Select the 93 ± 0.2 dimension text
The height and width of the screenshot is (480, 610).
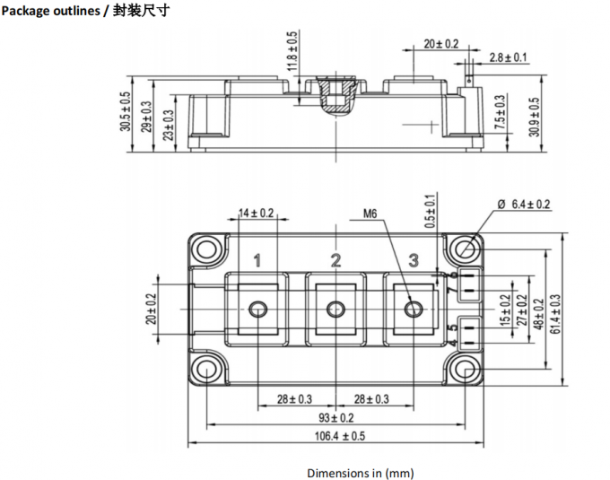[x=335, y=418]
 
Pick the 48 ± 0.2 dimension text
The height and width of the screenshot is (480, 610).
[x=538, y=310]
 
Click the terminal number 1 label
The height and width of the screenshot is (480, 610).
[x=257, y=261]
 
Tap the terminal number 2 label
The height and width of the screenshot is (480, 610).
[x=335, y=261]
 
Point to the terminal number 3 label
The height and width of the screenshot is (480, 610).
[x=414, y=261]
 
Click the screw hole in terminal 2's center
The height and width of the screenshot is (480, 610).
[x=335, y=310]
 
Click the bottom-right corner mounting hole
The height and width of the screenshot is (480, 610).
[x=465, y=370]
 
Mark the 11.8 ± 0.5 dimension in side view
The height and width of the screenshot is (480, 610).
[x=292, y=51]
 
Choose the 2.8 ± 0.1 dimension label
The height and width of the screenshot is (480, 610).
[x=509, y=57]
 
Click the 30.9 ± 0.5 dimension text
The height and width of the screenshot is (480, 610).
[x=535, y=117]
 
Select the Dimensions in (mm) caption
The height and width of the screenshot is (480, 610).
[x=360, y=472]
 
